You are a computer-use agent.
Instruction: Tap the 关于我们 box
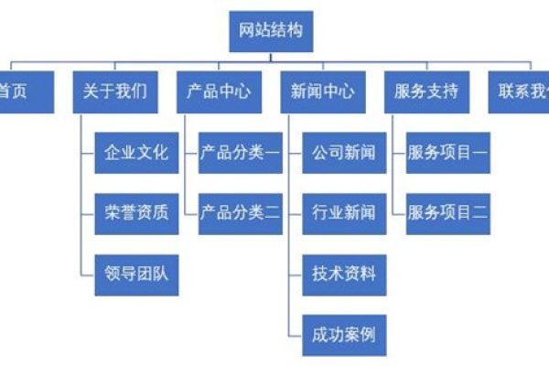point(114,91)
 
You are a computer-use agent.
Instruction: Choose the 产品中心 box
point(219,91)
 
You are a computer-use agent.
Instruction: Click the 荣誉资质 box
point(135,213)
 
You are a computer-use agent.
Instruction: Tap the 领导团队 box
point(135,273)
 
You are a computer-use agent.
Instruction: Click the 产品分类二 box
point(240,213)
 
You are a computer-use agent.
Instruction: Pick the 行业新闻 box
point(343,213)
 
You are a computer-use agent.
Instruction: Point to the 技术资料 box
point(343,273)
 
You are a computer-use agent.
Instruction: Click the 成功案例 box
point(343,333)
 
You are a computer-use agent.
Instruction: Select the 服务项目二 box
point(447,213)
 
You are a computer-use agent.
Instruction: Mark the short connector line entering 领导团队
point(88,273)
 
